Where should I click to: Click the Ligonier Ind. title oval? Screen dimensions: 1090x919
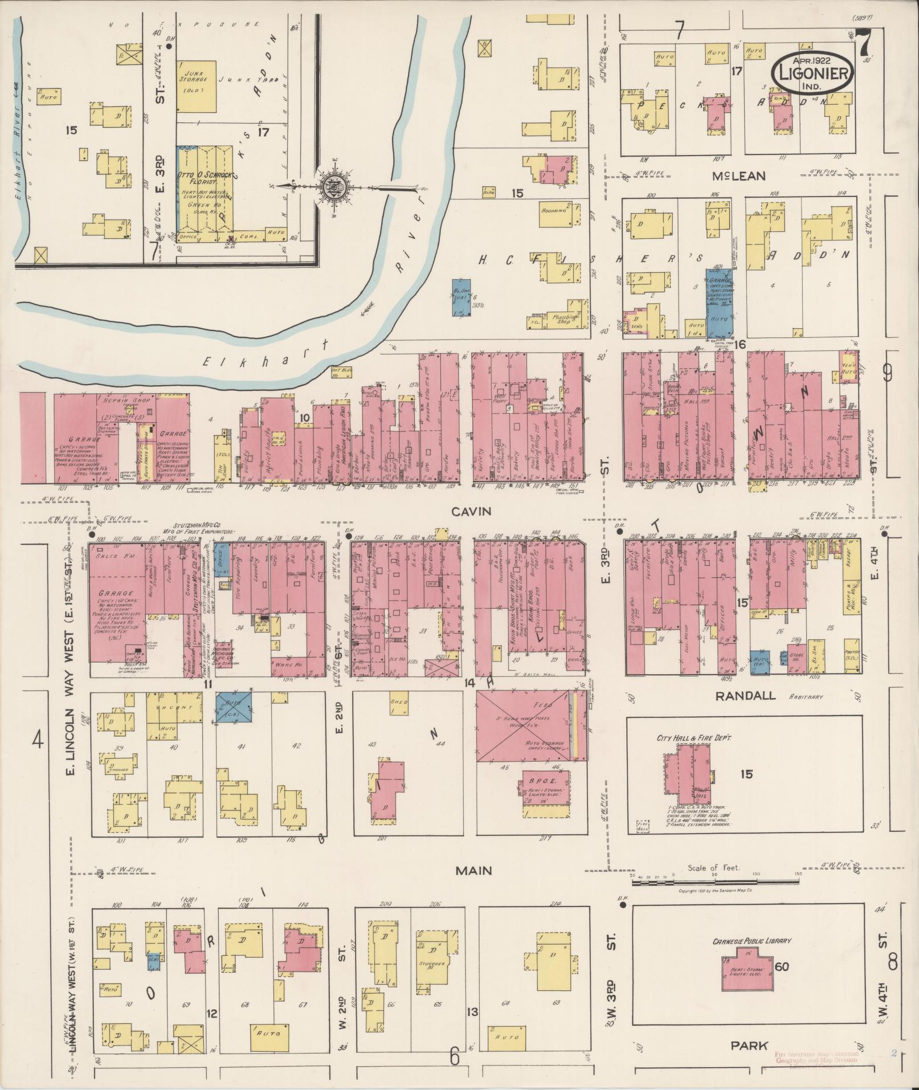click(x=812, y=72)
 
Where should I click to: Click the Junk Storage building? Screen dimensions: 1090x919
click(x=196, y=85)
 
